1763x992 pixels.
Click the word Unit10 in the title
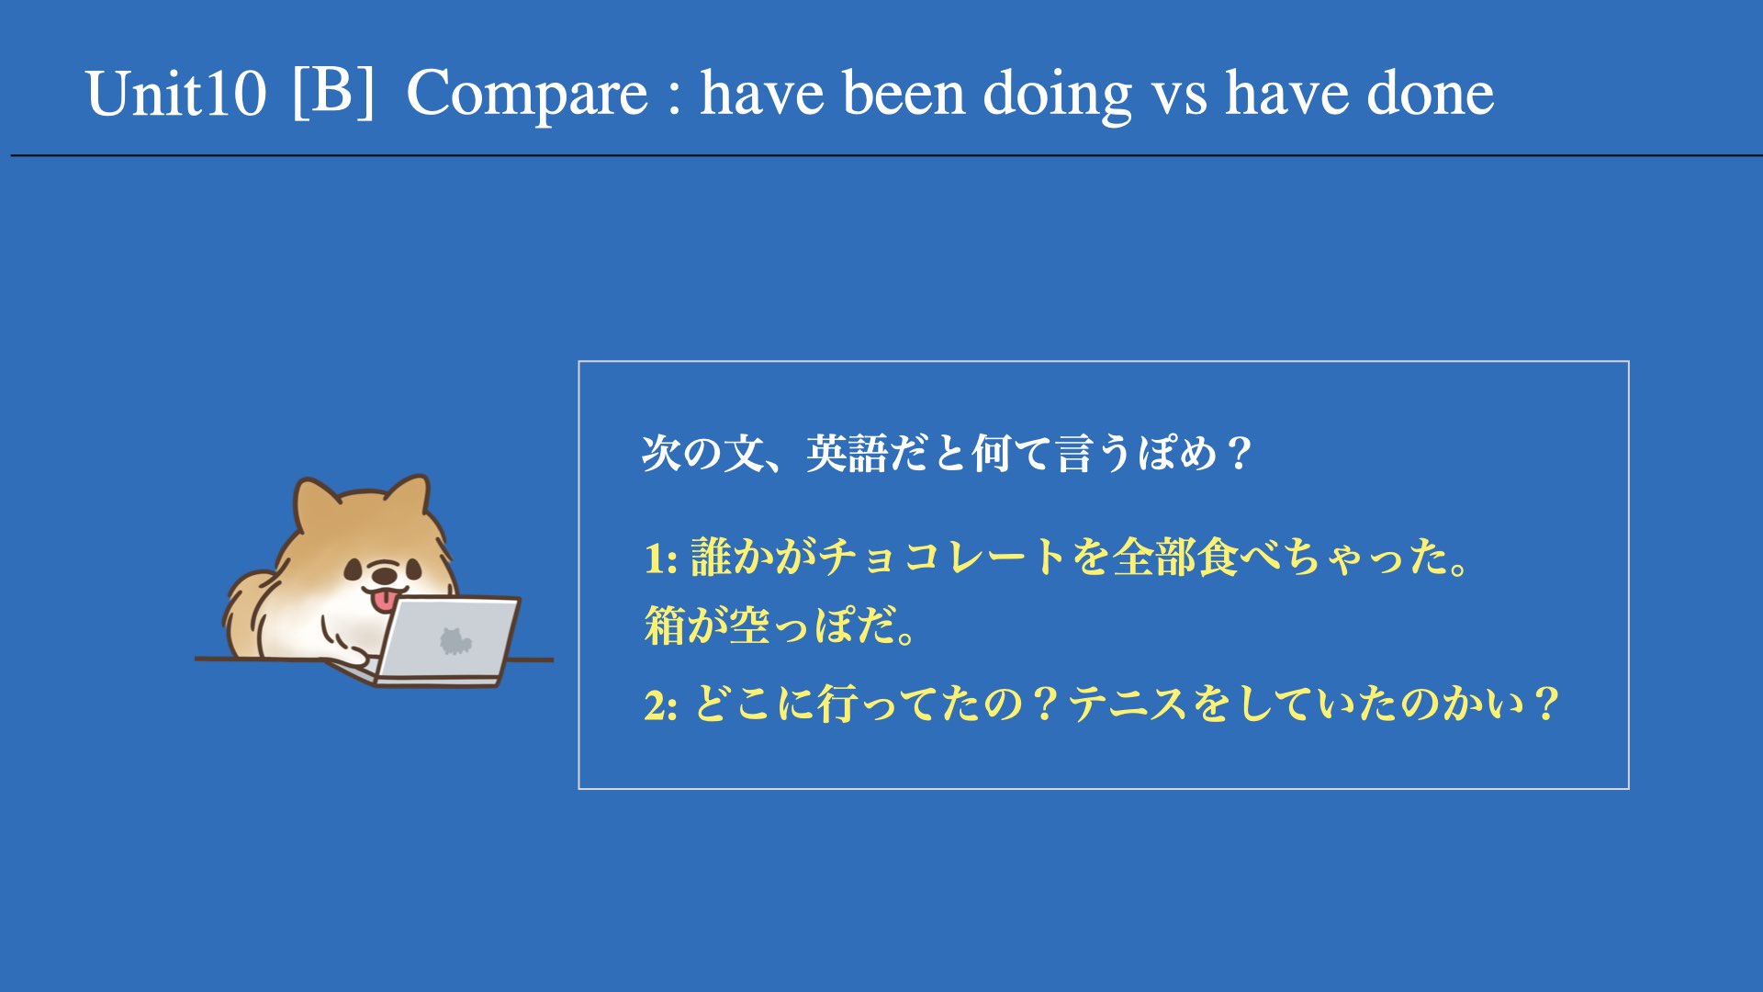coord(175,94)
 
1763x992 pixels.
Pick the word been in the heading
coord(904,94)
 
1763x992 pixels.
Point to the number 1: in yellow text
coord(661,558)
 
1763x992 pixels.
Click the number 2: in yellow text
coord(661,705)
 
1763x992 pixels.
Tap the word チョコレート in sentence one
coord(944,558)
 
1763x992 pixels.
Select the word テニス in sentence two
coord(1130,705)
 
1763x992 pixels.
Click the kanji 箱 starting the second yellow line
coord(665,626)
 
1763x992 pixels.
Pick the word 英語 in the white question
coord(848,454)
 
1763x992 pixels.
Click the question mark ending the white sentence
coord(1239,454)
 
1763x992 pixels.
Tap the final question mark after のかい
coord(1546,705)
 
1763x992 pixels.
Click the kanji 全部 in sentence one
coord(1155,558)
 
